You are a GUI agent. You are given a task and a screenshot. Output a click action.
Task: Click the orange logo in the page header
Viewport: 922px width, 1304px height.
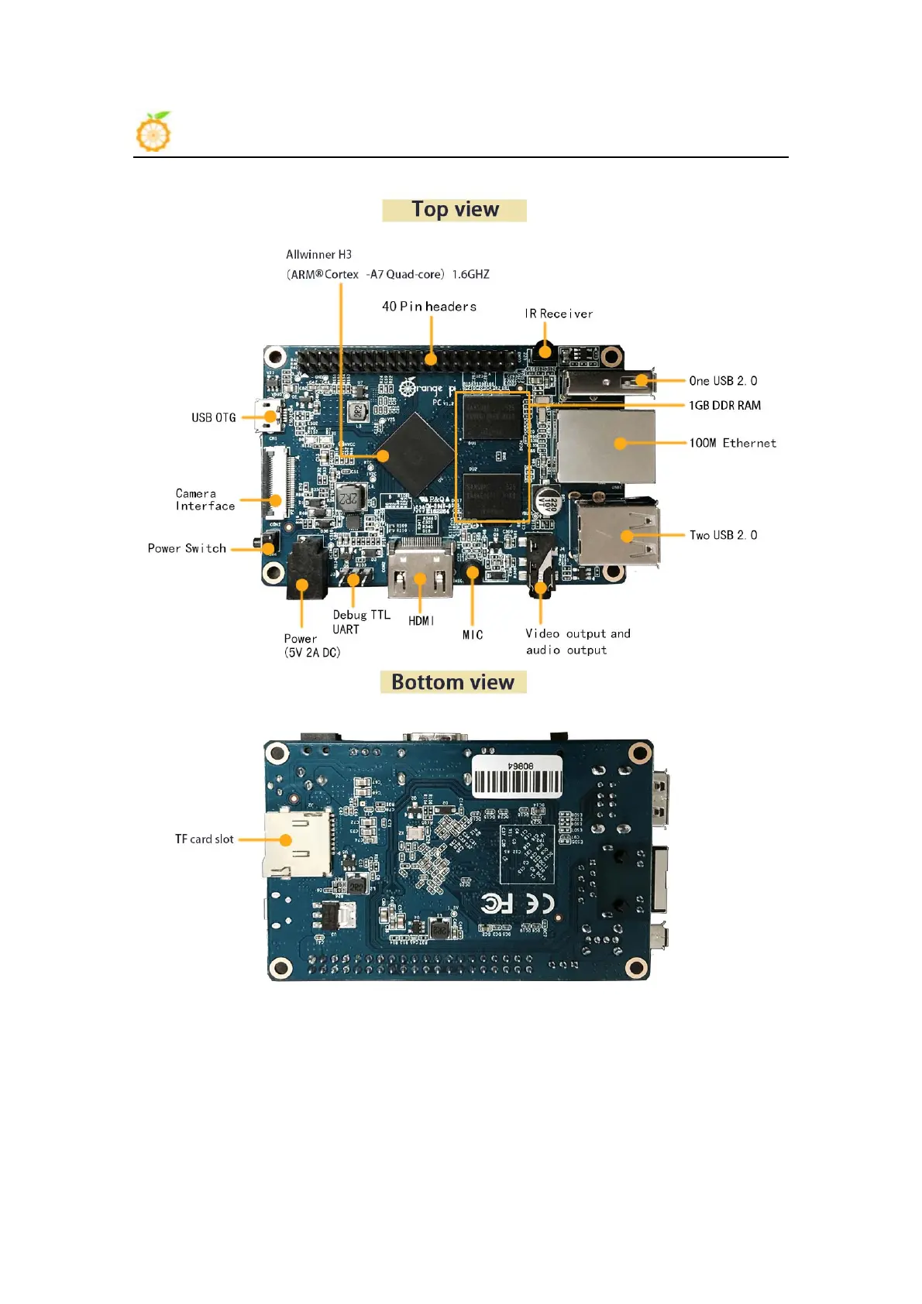(x=153, y=132)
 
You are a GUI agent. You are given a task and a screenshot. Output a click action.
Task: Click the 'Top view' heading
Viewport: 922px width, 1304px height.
(x=455, y=210)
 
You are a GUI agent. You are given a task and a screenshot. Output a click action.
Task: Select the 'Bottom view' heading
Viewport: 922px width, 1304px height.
(x=453, y=682)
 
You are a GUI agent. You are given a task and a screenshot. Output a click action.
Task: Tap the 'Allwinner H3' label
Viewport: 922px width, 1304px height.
(x=318, y=255)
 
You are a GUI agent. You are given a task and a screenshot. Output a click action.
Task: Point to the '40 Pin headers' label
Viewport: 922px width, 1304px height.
(x=428, y=307)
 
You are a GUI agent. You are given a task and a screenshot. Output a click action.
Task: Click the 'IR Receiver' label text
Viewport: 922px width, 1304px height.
(x=559, y=314)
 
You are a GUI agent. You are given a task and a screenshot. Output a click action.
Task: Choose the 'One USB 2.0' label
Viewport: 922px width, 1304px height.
(x=723, y=381)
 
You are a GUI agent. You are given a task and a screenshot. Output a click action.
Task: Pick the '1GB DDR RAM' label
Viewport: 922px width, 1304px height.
(x=724, y=406)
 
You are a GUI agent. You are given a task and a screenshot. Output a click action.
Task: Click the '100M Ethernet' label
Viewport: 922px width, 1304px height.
(x=732, y=443)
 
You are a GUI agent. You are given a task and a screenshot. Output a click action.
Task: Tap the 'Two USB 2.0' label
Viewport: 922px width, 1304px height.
(x=723, y=535)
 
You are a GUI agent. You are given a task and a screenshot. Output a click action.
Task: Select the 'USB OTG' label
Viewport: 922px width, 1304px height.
(x=214, y=418)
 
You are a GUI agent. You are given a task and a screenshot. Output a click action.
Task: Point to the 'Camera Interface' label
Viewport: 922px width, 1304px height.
(x=205, y=499)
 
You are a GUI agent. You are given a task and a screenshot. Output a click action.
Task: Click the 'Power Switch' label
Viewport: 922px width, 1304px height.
(x=187, y=548)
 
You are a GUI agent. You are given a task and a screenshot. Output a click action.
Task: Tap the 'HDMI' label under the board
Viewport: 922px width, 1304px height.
(x=421, y=621)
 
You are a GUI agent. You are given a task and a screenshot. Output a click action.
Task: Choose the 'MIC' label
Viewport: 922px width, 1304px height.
(x=473, y=635)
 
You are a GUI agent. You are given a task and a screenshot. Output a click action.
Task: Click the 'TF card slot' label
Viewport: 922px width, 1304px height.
(x=204, y=839)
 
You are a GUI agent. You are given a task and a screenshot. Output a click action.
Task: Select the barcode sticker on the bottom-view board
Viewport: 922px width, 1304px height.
(x=517, y=777)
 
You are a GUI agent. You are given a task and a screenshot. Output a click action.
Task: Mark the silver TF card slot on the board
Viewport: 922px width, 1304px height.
(x=297, y=844)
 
